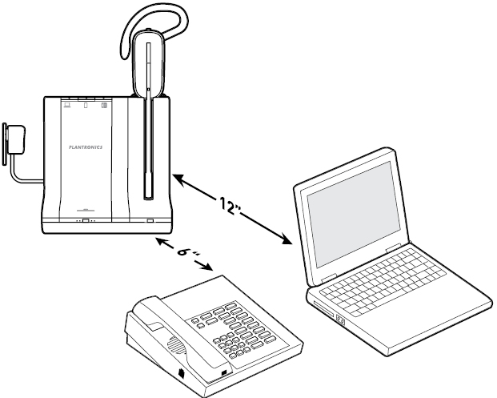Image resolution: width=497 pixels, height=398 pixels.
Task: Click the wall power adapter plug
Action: coord(13,139)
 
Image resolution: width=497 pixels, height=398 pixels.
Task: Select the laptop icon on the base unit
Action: coord(67,104)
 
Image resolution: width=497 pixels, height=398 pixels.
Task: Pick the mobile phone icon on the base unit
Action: coord(86,105)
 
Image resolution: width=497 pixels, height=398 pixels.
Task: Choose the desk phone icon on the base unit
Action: coord(104,105)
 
